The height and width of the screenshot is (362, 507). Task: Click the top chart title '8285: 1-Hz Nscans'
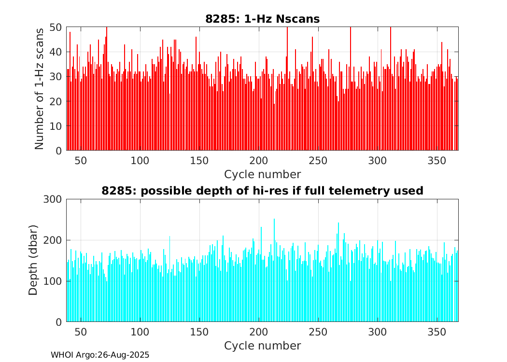[x=262, y=19]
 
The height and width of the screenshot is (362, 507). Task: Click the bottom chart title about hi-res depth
[x=262, y=191]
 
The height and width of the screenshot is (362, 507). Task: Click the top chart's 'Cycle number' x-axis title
[x=262, y=174]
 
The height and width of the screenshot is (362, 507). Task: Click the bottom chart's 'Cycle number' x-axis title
[x=262, y=346]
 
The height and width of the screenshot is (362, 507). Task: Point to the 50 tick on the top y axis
[x=56, y=27]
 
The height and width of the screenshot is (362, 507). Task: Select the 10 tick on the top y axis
[x=56, y=126]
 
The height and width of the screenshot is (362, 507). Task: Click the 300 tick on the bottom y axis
[x=54, y=199]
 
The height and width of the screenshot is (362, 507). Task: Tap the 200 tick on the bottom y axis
[x=54, y=240]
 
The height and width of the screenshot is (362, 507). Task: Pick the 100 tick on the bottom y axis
[x=54, y=281]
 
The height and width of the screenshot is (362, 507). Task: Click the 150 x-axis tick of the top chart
[x=199, y=160]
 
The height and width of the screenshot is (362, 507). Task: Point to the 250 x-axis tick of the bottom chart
[x=318, y=332]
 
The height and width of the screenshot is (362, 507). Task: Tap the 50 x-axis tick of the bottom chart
[x=81, y=332]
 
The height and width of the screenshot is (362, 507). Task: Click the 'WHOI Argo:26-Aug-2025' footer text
[x=100, y=355]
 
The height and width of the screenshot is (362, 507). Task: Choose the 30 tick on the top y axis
[x=56, y=77]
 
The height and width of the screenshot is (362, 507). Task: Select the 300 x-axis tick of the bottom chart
[x=378, y=332]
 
